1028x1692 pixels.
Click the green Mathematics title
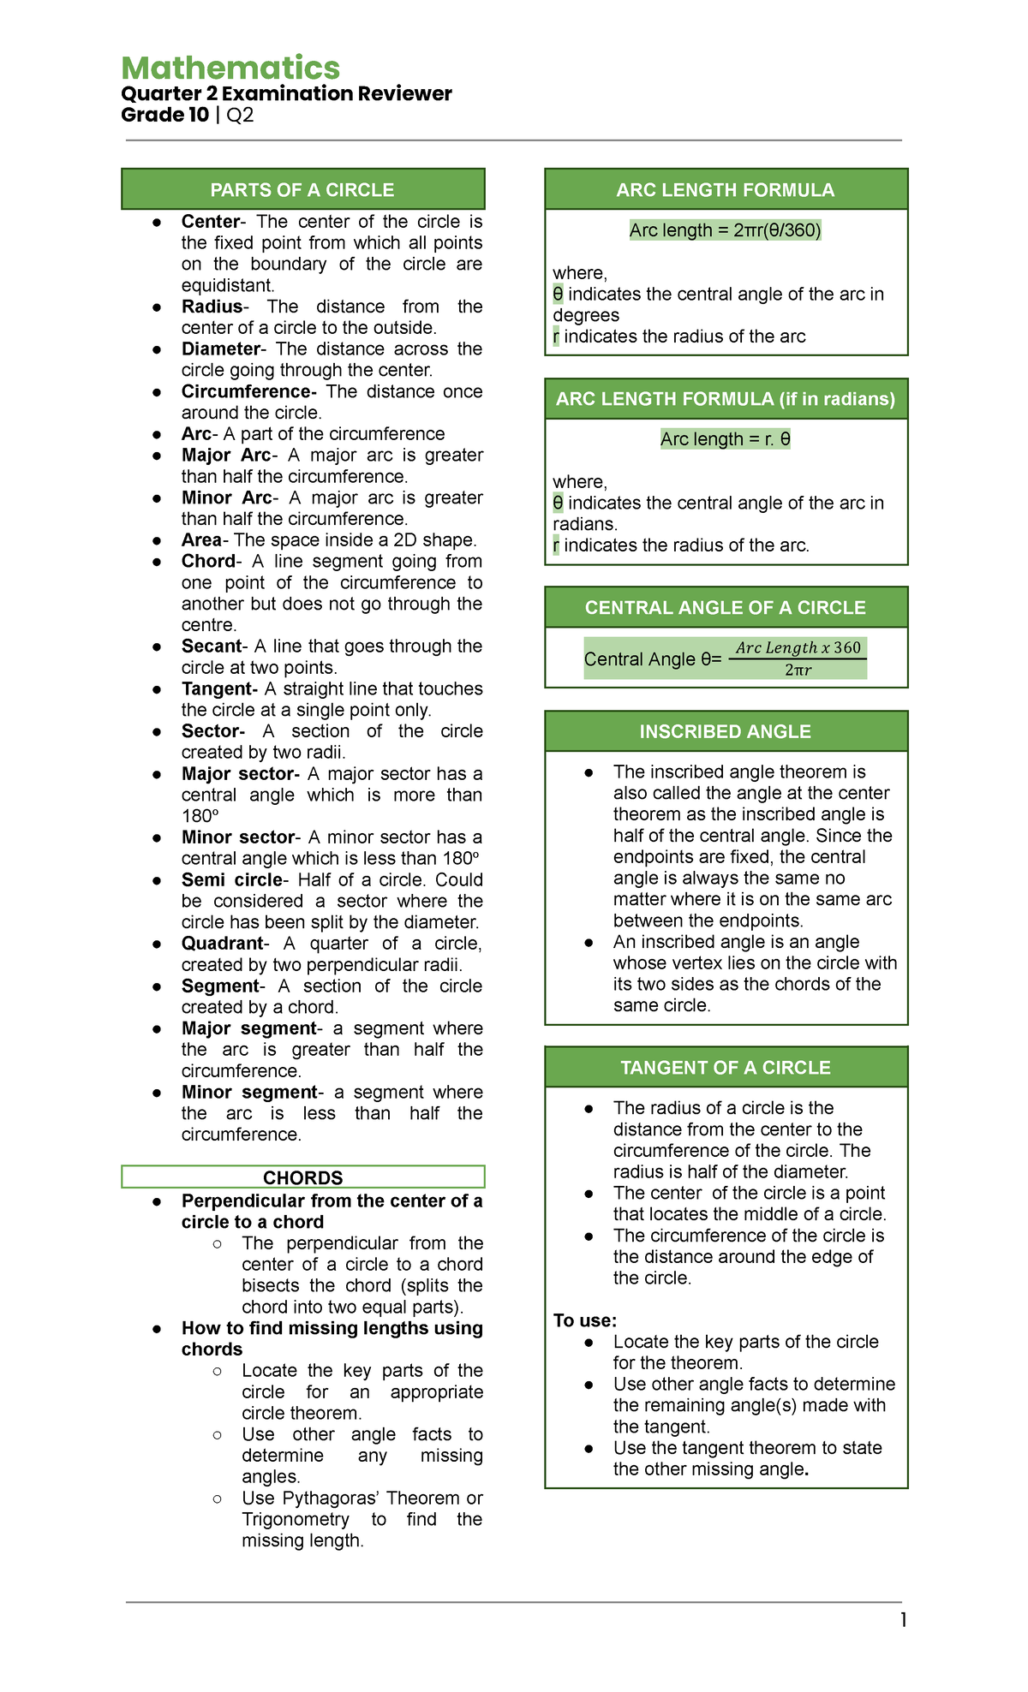(x=230, y=69)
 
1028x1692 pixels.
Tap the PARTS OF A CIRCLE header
(x=302, y=190)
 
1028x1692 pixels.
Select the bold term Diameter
(x=220, y=349)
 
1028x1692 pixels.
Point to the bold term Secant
(x=212, y=646)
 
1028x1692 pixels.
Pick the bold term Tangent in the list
(x=218, y=689)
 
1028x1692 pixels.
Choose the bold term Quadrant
(x=223, y=944)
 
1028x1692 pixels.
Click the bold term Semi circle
(x=232, y=880)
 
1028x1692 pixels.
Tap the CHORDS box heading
(x=302, y=1177)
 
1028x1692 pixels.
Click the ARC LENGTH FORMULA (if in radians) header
(x=726, y=399)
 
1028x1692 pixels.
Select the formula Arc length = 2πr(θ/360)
(x=726, y=230)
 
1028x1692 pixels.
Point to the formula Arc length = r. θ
(x=726, y=439)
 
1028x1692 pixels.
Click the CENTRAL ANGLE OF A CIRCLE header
(x=726, y=608)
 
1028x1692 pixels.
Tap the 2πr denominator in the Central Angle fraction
(x=798, y=670)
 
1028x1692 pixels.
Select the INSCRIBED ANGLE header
(x=726, y=732)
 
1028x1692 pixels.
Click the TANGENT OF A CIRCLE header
(x=726, y=1068)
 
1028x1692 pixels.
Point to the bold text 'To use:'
(x=585, y=1320)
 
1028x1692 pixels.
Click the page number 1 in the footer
(x=903, y=1620)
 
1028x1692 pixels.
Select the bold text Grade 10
(x=165, y=116)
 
